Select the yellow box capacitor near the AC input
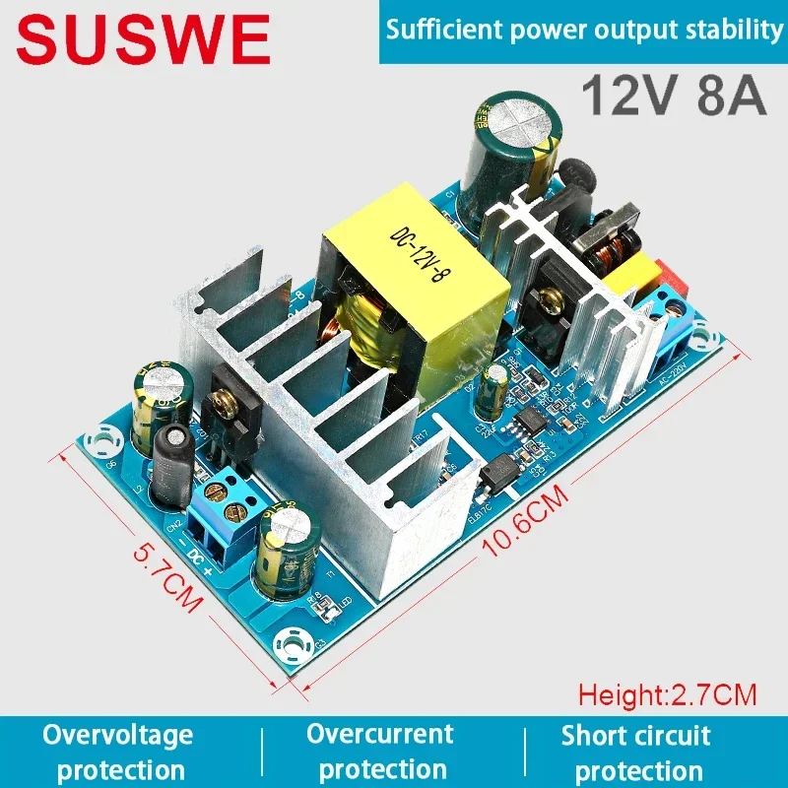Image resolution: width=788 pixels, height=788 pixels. click(x=630, y=286)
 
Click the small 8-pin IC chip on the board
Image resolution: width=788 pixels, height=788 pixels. click(x=521, y=423)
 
